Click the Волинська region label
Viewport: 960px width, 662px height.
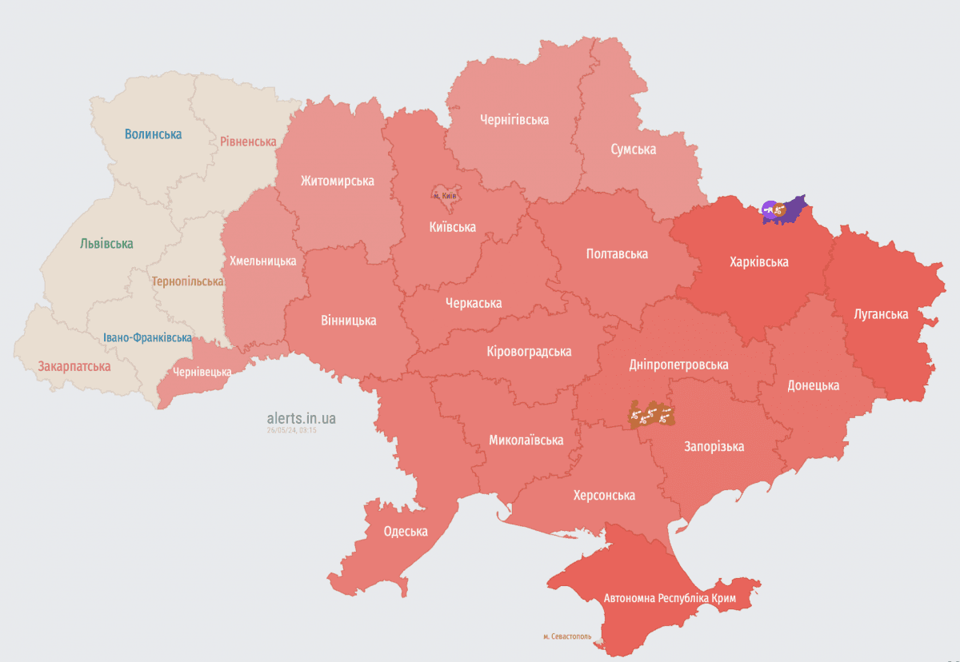(153, 134)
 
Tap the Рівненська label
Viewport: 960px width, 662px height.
(248, 142)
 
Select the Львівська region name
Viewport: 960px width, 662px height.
(106, 244)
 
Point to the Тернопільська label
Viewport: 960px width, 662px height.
(187, 281)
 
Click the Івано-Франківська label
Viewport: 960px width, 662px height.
(147, 337)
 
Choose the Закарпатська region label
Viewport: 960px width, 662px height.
(74, 366)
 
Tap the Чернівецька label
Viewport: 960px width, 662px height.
(202, 372)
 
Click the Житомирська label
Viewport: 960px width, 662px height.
(337, 181)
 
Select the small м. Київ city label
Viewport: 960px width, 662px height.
(445, 196)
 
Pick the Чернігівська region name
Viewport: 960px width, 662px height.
(514, 120)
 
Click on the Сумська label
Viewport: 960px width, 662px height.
(633, 150)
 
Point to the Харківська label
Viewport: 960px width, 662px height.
(758, 261)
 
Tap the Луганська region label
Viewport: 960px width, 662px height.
(881, 314)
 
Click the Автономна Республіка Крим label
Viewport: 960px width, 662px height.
(670, 598)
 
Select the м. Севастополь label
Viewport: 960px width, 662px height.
(567, 636)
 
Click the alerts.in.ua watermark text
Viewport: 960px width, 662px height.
(302, 418)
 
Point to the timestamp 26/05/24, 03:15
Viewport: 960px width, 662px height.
(292, 430)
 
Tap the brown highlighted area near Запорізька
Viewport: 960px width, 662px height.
(651, 415)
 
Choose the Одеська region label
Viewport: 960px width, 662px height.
(406, 532)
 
